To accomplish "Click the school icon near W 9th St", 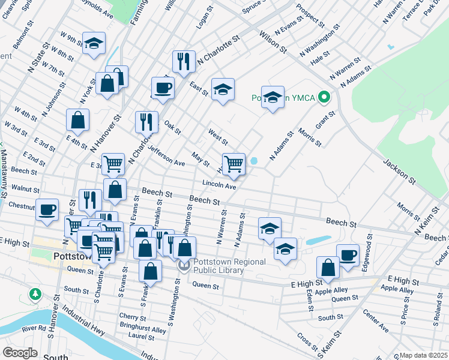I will (94, 43).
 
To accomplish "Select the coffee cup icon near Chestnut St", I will (47, 210).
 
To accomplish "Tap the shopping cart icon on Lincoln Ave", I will (234, 164).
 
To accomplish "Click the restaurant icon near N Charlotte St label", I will (184, 61).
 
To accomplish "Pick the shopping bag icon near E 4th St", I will (78, 120).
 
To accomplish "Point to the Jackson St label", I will (399, 170).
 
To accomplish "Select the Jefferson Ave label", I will (166, 158).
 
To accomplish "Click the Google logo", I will (19, 352).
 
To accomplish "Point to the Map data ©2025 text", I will (423, 355).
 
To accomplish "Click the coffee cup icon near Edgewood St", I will (348, 254).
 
